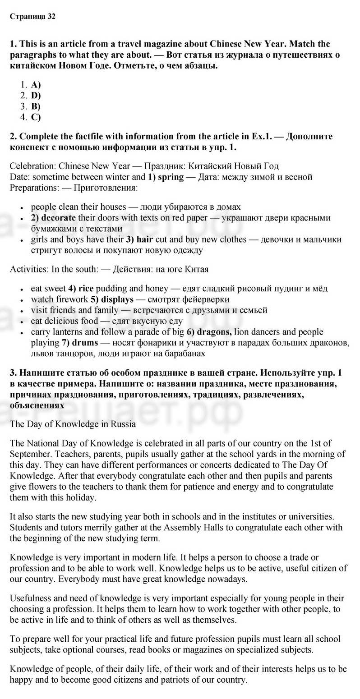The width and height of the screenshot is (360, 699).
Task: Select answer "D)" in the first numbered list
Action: click(36, 95)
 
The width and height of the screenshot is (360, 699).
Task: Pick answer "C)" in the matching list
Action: click(36, 117)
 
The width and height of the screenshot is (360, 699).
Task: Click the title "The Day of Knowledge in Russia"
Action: click(73, 424)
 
